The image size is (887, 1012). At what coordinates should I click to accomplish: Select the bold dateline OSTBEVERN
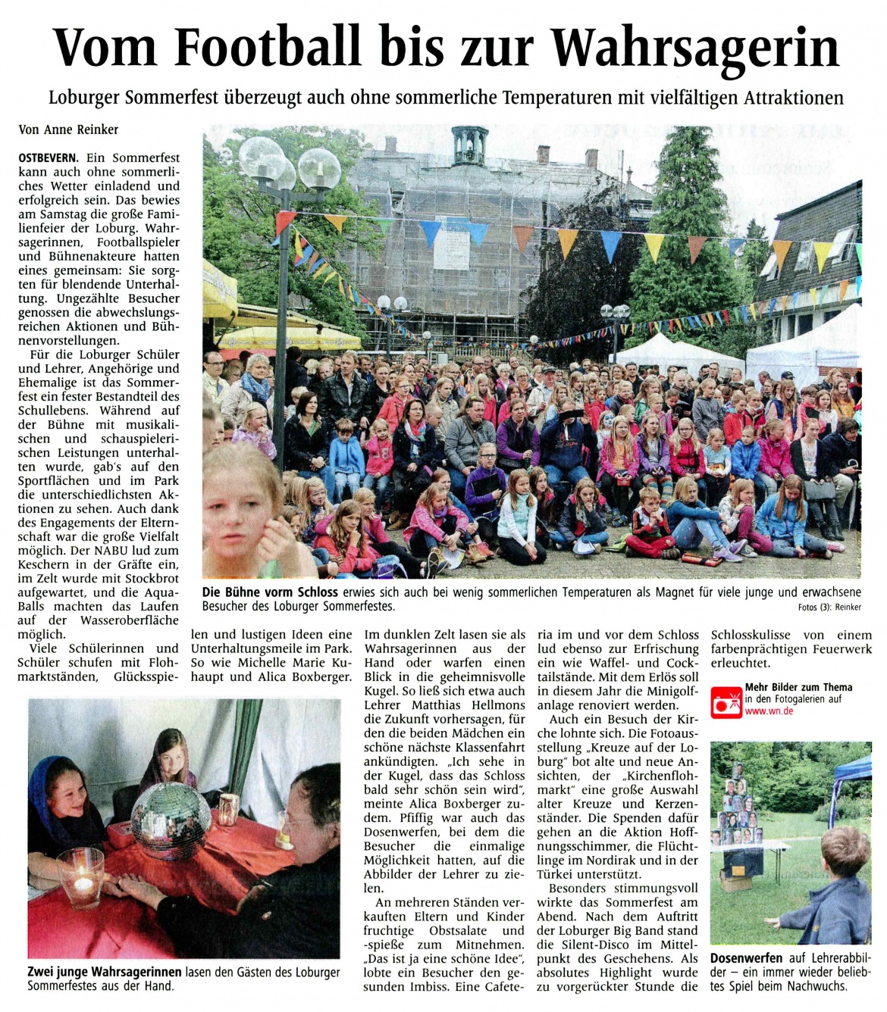tap(47, 158)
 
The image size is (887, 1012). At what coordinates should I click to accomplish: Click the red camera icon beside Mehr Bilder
tap(725, 701)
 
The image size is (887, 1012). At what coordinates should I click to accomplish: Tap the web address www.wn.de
tap(769, 711)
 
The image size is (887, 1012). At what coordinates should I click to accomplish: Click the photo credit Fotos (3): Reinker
tap(830, 608)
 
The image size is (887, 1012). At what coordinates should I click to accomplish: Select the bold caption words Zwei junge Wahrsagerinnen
tap(105, 972)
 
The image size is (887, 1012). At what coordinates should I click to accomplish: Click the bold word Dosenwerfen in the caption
tap(746, 958)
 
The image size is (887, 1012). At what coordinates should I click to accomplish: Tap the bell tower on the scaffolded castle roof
tap(469, 145)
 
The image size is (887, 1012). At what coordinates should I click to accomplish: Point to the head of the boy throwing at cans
tap(845, 852)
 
